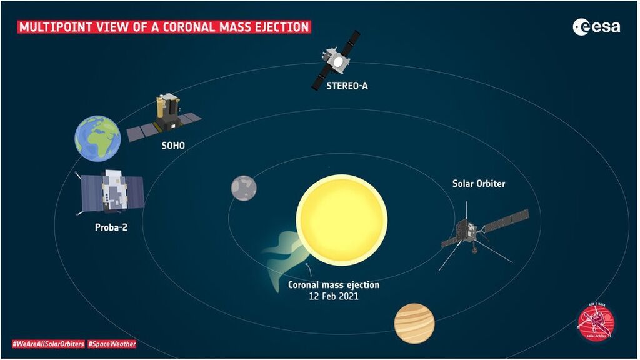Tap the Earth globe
tap(97, 137)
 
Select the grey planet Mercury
tap(244, 187)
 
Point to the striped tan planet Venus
tap(414, 323)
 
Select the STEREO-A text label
tap(347, 86)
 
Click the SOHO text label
tap(172, 146)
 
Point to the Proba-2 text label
tap(111, 227)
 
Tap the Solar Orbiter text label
tap(479, 184)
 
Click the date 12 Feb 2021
tap(334, 296)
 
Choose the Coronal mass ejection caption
tap(334, 285)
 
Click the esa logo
tap(596, 26)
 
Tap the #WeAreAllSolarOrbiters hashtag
tap(48, 344)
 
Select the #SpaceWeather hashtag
tap(111, 344)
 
